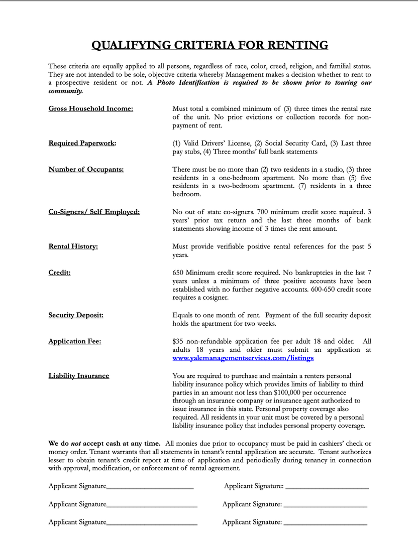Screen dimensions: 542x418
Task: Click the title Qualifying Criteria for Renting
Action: pyautogui.click(x=210, y=45)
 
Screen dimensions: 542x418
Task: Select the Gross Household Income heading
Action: pyautogui.click(x=90, y=108)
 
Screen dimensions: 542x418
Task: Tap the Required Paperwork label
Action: pyautogui.click(x=82, y=143)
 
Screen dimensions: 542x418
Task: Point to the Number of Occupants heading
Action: pyautogui.click(x=86, y=169)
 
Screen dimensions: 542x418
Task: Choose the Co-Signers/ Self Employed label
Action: pyautogui.click(x=94, y=212)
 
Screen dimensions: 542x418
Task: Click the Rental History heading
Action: pyautogui.click(x=73, y=246)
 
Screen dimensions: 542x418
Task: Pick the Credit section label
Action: pyautogui.click(x=59, y=273)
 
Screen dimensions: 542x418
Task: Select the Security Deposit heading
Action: pyautogui.click(x=76, y=315)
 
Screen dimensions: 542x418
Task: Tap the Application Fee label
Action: pyautogui.click(x=74, y=341)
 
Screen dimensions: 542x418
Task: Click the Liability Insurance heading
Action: pyautogui.click(x=78, y=376)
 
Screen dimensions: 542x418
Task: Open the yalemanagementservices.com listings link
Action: pyautogui.click(x=243, y=358)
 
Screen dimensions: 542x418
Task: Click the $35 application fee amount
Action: pyautogui.click(x=177, y=341)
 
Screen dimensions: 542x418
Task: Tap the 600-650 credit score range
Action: pyautogui.click(x=314, y=290)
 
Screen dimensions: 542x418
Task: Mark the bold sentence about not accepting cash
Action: pyautogui.click(x=104, y=443)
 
